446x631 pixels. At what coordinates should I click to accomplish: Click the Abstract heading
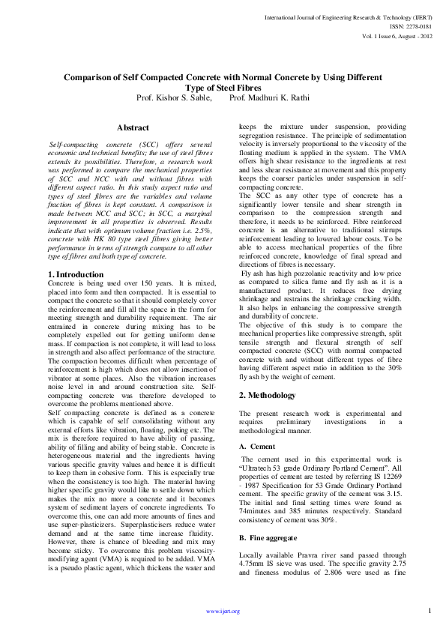(133, 128)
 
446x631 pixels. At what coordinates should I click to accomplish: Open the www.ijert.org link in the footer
(223, 612)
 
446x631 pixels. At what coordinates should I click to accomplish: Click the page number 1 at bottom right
(430, 610)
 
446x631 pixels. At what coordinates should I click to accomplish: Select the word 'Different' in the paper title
(358, 77)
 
